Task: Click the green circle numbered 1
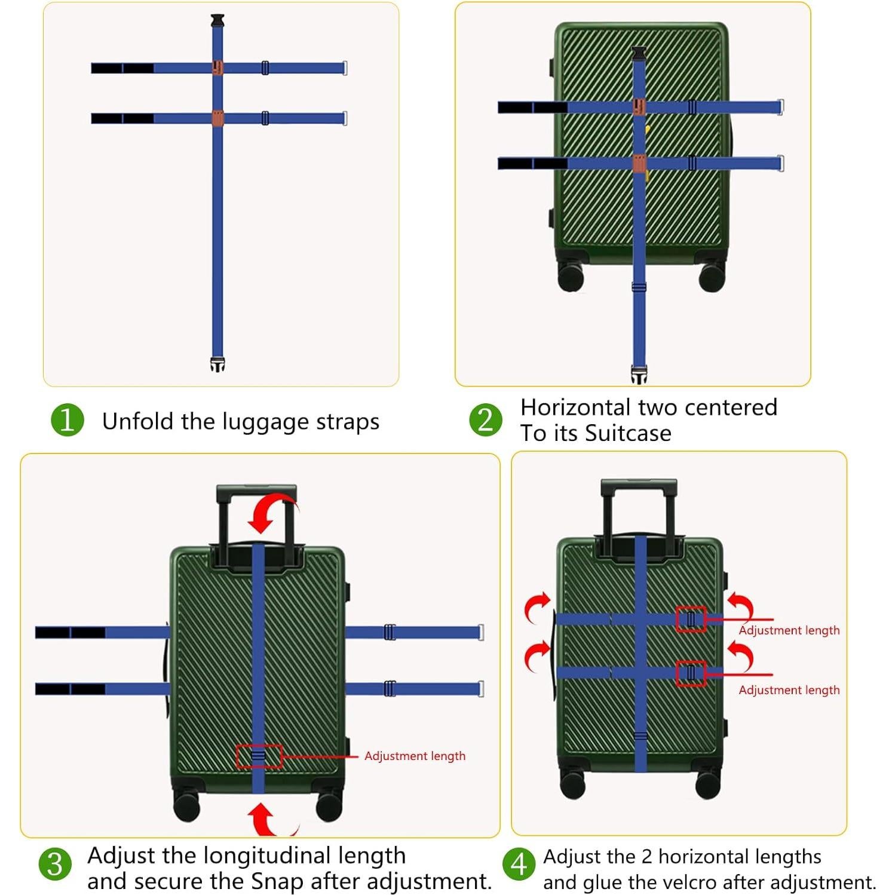67,420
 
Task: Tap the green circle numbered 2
485,420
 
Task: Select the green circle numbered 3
55,865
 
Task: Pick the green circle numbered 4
519,865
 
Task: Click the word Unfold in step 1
139,421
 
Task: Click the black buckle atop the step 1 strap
217,20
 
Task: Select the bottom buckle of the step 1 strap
217,364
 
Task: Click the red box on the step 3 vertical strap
259,756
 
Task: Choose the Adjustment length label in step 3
415,756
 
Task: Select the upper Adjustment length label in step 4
789,630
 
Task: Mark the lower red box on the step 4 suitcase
691,674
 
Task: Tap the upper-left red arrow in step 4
536,608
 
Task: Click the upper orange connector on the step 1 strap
218,68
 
